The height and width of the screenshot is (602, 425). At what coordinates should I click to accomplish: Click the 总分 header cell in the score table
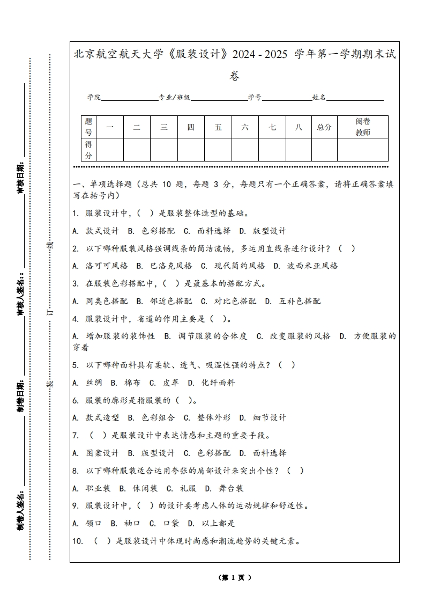point(324,127)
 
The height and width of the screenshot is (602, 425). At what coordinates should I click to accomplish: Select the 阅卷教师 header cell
point(363,127)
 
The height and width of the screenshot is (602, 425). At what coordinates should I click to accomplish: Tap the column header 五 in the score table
point(218,127)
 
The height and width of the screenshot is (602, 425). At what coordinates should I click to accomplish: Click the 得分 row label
point(88,150)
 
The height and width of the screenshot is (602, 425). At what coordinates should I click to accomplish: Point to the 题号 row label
point(88,127)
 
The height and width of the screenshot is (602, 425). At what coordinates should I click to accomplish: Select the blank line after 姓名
point(355,98)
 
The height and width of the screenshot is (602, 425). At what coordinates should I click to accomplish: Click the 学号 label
point(255,98)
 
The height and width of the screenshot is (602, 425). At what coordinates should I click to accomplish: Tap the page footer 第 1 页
point(235,578)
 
